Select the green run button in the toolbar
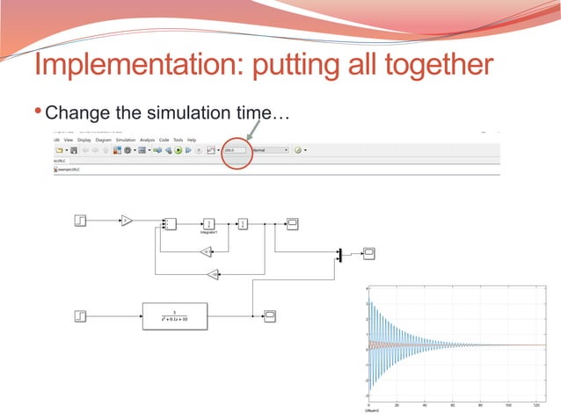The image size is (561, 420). pyautogui.click(x=178, y=150)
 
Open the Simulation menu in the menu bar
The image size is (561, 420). pyautogui.click(x=126, y=140)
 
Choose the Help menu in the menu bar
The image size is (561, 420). pyautogui.click(x=191, y=140)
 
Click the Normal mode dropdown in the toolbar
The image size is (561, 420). pyautogui.click(x=270, y=150)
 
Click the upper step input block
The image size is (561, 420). pyautogui.click(x=80, y=221)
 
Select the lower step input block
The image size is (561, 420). pyautogui.click(x=80, y=314)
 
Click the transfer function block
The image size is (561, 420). pyautogui.click(x=175, y=315)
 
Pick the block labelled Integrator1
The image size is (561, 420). pyautogui.click(x=209, y=223)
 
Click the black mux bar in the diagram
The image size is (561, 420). pyautogui.click(x=339, y=254)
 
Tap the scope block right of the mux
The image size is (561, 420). pyautogui.click(x=369, y=253)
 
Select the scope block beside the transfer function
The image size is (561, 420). pyautogui.click(x=271, y=315)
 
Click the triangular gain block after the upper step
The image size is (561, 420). pyautogui.click(x=126, y=221)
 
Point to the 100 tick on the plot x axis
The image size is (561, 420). pyautogui.click(x=508, y=405)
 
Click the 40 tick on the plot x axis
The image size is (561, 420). pyautogui.click(x=424, y=405)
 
